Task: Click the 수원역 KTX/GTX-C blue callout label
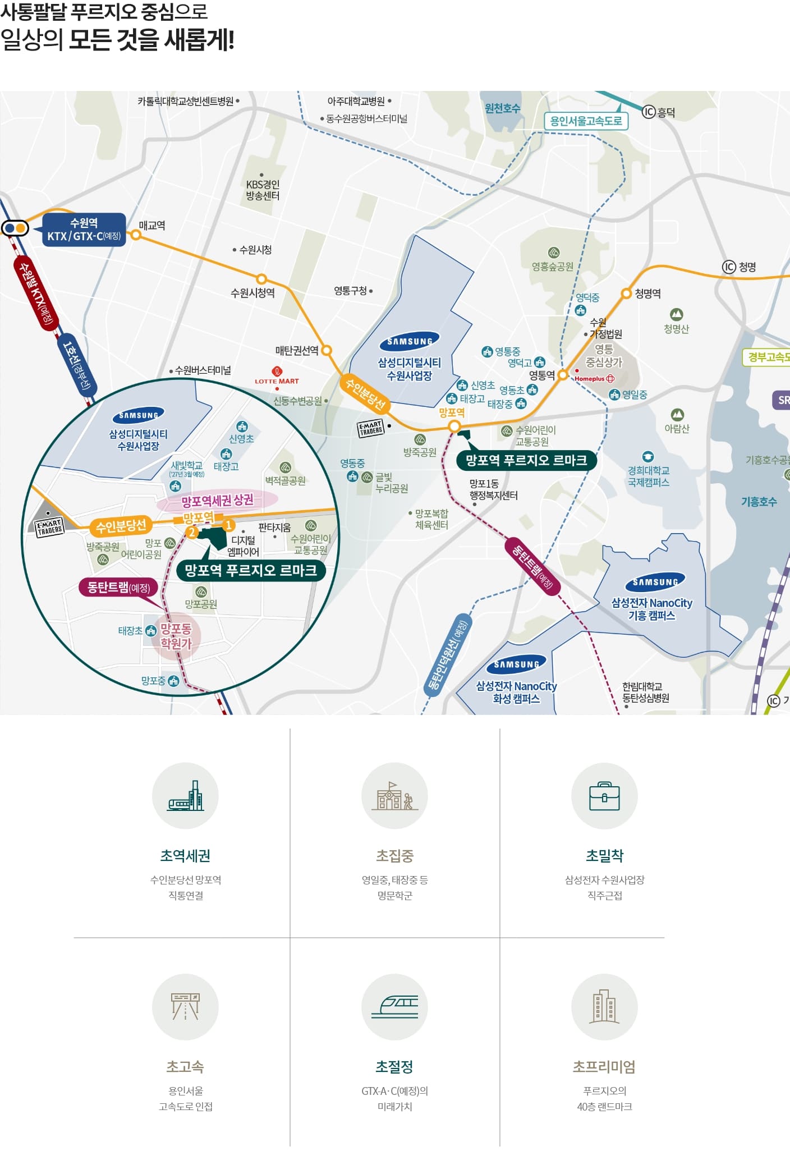point(84,230)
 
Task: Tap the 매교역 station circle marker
point(136,235)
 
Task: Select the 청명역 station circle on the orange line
point(626,293)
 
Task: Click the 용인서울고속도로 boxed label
point(586,121)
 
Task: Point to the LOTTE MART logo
point(277,376)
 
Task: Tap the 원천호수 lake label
point(503,108)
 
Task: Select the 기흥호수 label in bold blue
point(759,502)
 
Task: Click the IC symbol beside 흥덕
point(649,112)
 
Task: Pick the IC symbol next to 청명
point(728,267)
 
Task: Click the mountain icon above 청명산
point(676,314)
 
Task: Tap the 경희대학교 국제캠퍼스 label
point(648,476)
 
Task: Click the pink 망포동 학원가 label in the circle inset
point(176,636)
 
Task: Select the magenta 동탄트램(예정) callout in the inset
point(118,588)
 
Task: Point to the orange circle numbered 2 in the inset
point(192,532)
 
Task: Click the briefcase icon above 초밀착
point(604,796)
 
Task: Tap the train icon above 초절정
point(394,1007)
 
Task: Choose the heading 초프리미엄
point(604,1067)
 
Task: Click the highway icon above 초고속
point(185,1007)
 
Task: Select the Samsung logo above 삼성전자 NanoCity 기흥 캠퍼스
point(655,582)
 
